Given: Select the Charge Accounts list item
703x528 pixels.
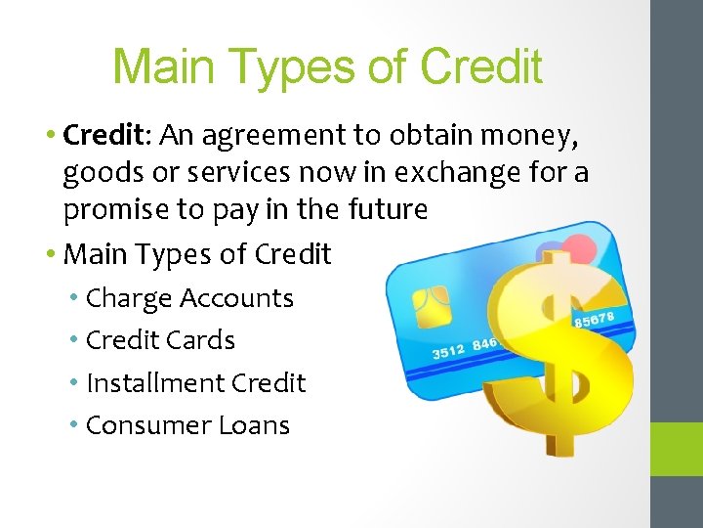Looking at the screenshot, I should coord(189,298).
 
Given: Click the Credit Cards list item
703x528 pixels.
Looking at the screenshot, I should coord(160,340).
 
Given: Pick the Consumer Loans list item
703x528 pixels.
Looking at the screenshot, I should coord(187,425).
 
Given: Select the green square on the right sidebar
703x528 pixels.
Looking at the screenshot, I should coord(677,449).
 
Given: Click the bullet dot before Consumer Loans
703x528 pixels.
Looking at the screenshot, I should coord(75,425).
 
